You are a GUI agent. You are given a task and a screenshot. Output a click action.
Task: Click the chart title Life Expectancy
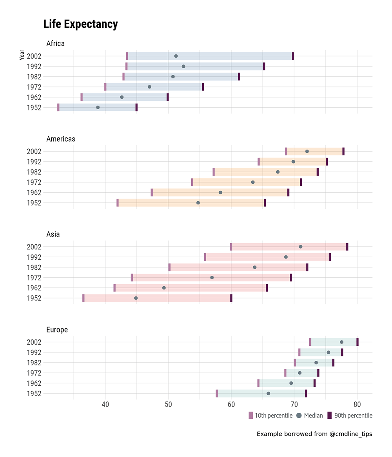tap(80, 24)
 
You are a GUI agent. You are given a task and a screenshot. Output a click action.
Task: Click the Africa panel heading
tap(55, 43)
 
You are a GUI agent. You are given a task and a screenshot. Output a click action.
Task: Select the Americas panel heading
tap(61, 139)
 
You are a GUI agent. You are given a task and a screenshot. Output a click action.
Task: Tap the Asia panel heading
tap(53, 234)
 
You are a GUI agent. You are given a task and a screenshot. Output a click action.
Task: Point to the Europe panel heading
tap(57, 330)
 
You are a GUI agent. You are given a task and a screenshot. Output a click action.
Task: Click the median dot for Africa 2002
tap(176, 56)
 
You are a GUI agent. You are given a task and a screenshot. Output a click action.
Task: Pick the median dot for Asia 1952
tap(136, 298)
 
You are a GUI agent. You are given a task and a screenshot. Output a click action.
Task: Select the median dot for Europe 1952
tap(269, 393)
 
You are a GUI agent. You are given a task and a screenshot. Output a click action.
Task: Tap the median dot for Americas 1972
tap(253, 182)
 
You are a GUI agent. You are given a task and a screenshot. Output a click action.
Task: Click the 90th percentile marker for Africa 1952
tap(136, 107)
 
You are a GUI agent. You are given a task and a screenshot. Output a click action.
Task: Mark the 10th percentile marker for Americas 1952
tap(118, 202)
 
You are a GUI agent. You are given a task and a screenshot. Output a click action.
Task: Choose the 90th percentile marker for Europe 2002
tap(358, 342)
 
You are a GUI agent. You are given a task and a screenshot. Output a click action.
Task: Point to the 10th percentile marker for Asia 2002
tap(231, 247)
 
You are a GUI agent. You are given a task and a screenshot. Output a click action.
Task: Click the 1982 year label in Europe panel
tap(34, 363)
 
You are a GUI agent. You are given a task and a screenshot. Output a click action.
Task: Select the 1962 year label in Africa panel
tap(34, 97)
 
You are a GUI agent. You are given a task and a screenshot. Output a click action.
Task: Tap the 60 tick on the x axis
tap(231, 404)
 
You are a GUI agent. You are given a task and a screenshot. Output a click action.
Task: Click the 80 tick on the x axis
tap(357, 404)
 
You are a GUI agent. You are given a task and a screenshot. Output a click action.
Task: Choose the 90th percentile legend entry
tap(350, 415)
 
